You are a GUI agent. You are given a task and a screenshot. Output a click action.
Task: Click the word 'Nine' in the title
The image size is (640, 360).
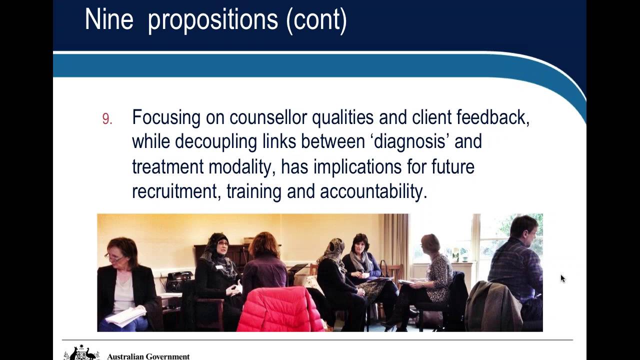109,20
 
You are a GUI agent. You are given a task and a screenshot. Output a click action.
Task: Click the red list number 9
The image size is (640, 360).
107,119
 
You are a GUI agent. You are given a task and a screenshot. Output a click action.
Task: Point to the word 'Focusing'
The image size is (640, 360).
166,117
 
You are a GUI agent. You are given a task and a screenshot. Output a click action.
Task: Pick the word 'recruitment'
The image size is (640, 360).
175,191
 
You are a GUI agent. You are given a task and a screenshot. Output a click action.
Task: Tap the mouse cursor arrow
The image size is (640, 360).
562,278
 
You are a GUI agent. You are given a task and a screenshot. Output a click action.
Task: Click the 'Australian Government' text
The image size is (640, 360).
148,356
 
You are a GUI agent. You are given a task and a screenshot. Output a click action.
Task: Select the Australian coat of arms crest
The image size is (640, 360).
81,353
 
